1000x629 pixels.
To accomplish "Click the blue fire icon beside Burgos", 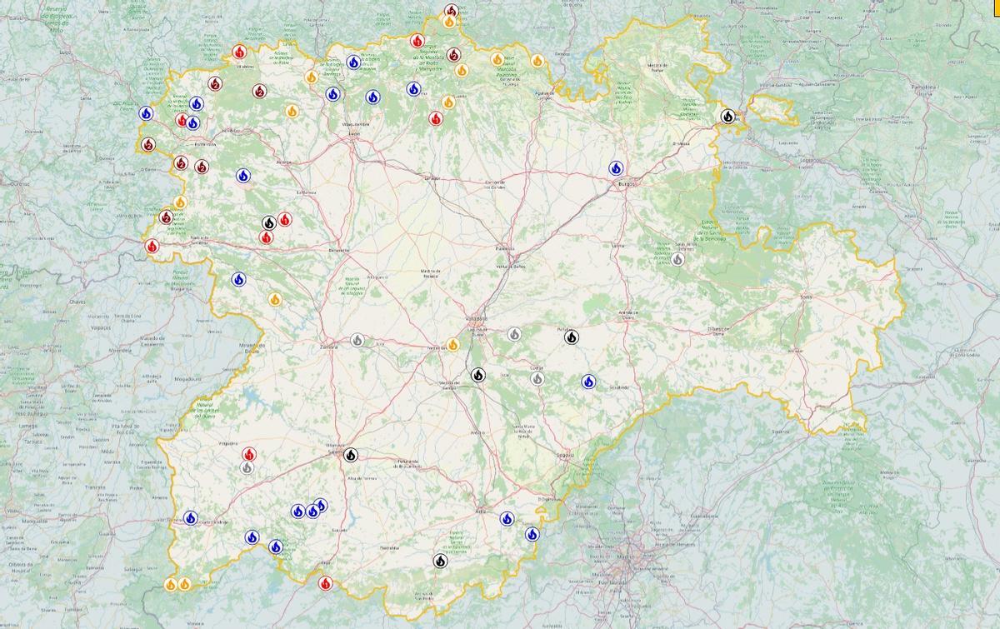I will pos(616,168).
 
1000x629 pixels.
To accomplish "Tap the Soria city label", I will pos(805,297).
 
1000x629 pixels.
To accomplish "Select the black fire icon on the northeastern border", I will pos(728,117).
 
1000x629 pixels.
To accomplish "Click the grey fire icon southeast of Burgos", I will pos(677,259).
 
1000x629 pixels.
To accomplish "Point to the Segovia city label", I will pos(565,455).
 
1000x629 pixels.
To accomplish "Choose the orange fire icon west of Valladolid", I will pos(453,344).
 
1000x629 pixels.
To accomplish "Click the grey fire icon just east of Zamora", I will pos(357,339).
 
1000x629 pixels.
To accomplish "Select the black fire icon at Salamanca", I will pos(351,455).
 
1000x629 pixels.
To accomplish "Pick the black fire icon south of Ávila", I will pos(440,561).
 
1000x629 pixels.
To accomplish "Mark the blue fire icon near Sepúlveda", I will pos(588,382).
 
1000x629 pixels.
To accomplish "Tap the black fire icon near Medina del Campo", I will pos(477,375).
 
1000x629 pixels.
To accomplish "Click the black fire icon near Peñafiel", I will pos(572,337).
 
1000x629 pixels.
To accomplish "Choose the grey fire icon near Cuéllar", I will pos(537,378).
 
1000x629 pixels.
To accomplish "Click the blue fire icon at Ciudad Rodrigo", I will pos(191,518).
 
